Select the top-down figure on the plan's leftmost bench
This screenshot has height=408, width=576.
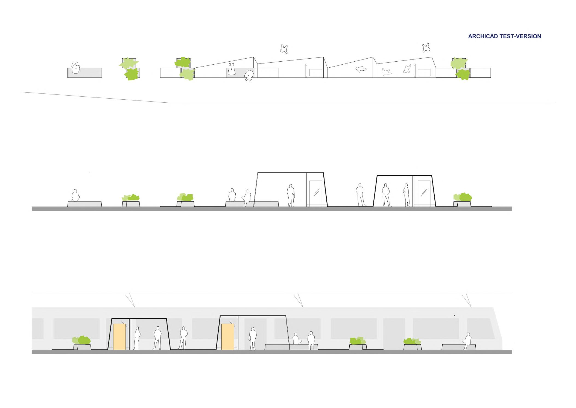coord(75,68)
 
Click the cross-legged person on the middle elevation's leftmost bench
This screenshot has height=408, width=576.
coord(75,196)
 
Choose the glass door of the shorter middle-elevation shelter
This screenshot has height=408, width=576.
coord(424,192)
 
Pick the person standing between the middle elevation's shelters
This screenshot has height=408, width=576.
coord(360,195)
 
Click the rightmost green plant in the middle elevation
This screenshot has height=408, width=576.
coord(463,197)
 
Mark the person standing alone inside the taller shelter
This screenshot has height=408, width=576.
coord(291,195)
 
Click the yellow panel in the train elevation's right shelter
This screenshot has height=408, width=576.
coord(227,337)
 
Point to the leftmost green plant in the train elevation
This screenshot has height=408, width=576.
coord(81,340)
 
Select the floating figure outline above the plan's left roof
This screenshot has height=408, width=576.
coord(284,49)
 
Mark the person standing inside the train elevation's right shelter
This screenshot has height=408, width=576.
coord(253,339)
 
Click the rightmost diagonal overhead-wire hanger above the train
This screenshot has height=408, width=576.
coord(467,301)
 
